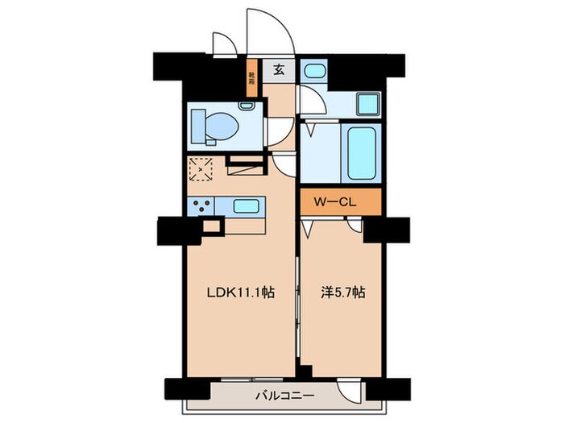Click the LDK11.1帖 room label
pos(240,293)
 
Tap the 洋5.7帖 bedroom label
pos(340,293)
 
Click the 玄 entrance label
pos(278,70)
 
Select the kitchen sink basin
pos(246,206)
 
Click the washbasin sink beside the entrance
pos(313,70)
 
